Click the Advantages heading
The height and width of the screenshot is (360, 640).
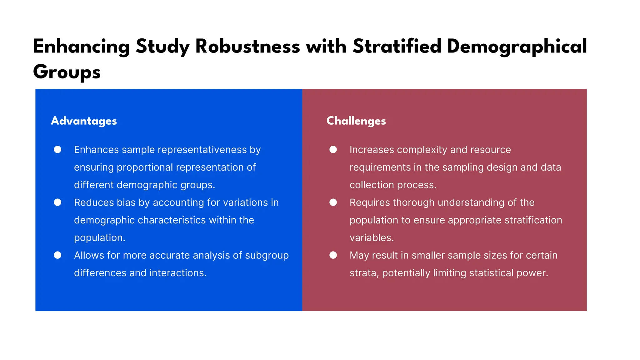[x=84, y=121]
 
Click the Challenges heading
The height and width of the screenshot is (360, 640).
[x=356, y=121]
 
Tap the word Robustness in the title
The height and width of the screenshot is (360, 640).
[x=247, y=47]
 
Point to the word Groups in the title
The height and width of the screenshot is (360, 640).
[x=67, y=72]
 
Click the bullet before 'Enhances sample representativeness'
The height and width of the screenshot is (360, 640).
[x=57, y=150]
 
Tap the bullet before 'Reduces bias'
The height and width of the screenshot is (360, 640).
[x=57, y=202]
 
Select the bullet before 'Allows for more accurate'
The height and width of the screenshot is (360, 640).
[x=57, y=255]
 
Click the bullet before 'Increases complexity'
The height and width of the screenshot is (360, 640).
[x=333, y=150]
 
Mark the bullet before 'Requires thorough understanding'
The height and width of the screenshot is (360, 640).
[x=333, y=202]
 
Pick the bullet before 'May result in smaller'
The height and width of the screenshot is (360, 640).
[x=333, y=255]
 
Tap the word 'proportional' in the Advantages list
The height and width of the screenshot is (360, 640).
[x=145, y=167]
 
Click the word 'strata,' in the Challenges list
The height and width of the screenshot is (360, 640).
[x=364, y=273]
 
